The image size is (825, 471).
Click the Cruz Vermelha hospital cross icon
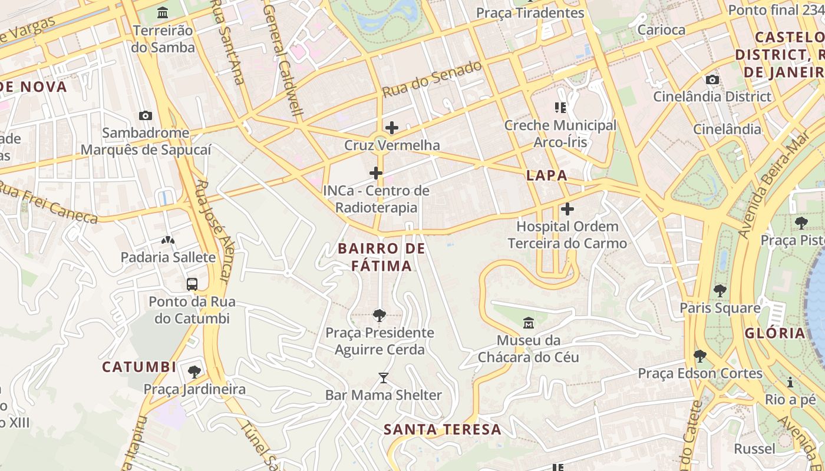click(391, 128)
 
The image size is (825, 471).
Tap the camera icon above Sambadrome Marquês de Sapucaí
click(145, 115)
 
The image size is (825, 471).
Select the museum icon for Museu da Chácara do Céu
click(528, 323)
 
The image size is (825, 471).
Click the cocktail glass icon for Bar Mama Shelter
click(384, 377)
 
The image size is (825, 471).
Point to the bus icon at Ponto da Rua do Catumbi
click(192, 284)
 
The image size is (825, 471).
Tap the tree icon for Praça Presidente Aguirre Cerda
click(379, 316)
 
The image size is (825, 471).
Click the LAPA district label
click(546, 175)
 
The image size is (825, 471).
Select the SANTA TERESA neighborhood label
click(443, 429)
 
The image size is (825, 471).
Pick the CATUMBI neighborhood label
click(139, 367)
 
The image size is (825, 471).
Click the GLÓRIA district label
click(774, 333)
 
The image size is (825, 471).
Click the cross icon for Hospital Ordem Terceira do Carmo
click(567, 209)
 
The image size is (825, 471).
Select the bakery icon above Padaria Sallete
click(168, 240)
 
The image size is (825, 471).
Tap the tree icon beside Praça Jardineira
click(194, 372)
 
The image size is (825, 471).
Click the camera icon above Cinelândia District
click(712, 79)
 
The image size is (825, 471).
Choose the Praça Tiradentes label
click(530, 13)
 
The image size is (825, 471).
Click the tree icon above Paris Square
click(720, 290)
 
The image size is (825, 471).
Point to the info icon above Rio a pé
click(790, 382)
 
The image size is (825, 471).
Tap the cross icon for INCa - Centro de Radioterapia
click(375, 173)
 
